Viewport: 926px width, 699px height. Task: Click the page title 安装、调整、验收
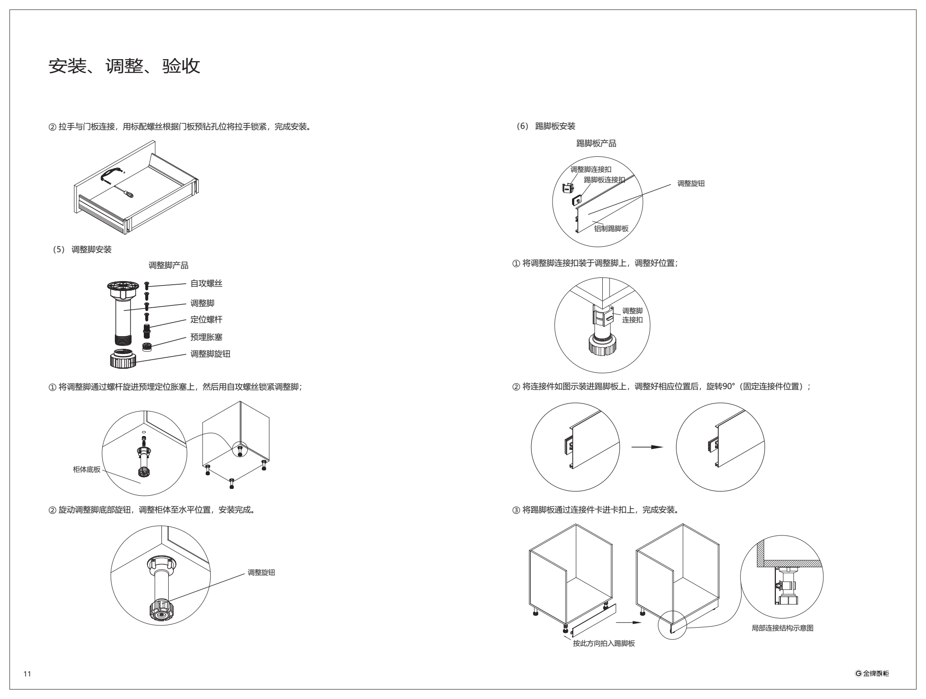tap(124, 67)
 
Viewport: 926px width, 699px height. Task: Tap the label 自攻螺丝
tap(206, 284)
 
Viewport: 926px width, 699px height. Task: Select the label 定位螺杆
tap(206, 320)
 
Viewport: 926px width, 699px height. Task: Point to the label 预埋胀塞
tap(206, 338)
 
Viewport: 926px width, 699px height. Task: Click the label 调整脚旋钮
tap(210, 354)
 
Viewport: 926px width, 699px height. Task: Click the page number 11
tap(27, 674)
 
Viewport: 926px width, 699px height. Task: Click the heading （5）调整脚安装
tap(82, 249)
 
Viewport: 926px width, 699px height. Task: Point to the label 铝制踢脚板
tap(611, 229)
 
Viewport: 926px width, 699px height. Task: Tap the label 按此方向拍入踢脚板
tap(604, 643)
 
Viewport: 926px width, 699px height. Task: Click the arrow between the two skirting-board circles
tap(647, 447)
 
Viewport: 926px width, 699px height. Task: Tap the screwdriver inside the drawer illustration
tap(128, 194)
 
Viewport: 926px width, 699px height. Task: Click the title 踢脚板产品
tap(596, 144)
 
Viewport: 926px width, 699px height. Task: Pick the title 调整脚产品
tap(169, 266)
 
